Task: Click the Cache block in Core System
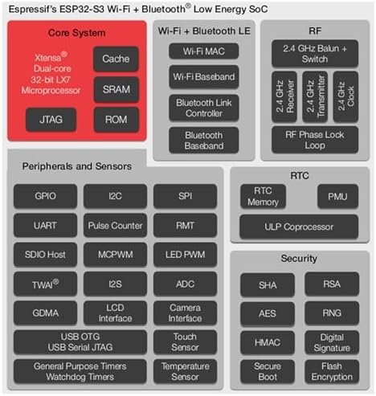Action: point(116,59)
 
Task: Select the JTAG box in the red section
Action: point(51,120)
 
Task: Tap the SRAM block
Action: point(116,89)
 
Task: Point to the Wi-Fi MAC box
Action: point(204,51)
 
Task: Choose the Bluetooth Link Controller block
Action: point(204,108)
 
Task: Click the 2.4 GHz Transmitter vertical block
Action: point(315,96)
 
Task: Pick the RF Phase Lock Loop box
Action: point(315,140)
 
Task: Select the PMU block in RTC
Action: point(337,197)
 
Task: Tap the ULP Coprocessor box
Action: point(299,227)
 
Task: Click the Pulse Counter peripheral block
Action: point(115,226)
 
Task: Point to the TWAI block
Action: point(45,284)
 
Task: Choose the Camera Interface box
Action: point(185,313)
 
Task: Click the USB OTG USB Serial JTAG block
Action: point(80,342)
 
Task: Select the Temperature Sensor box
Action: point(185,371)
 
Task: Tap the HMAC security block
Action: point(268,343)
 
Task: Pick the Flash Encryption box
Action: point(332,372)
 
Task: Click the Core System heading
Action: point(76,33)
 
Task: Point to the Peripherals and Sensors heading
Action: point(77,166)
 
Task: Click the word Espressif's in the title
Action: point(33,10)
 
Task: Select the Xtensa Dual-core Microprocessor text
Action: point(51,74)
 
